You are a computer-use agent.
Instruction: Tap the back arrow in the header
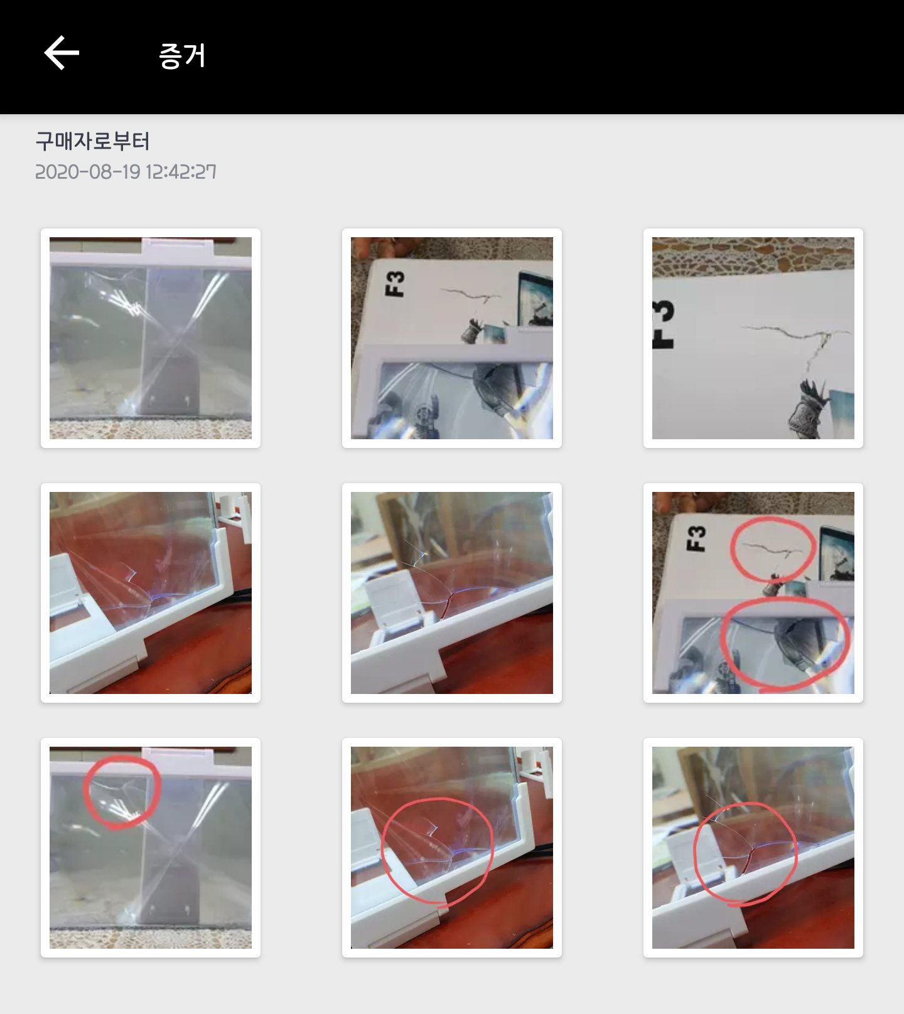pos(62,53)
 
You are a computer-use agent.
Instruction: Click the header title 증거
pos(182,55)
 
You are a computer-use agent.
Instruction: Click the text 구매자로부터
pos(92,141)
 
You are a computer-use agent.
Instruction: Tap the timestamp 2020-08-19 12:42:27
pos(126,172)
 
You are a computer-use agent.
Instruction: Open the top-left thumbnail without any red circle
pos(151,338)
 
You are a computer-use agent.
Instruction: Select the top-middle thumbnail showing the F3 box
pos(452,338)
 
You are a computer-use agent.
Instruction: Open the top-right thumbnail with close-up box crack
pos(753,338)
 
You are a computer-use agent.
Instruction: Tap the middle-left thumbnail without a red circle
pos(151,593)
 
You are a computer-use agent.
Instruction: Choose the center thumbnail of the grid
pos(452,593)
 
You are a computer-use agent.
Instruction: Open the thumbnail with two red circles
pos(753,593)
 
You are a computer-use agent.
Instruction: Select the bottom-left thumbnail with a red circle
pos(151,848)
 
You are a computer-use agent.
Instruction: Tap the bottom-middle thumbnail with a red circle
pos(452,848)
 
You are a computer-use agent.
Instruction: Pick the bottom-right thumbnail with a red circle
pos(753,848)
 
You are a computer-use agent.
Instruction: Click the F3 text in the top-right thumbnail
pos(664,324)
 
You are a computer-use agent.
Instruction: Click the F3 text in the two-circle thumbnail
pos(698,538)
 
